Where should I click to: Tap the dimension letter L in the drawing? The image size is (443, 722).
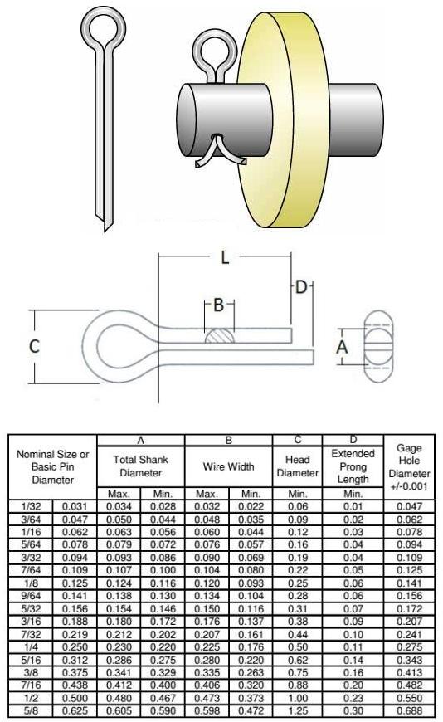point(224,257)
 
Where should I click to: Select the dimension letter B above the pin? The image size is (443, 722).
point(218,305)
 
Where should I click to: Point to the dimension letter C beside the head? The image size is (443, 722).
point(34,347)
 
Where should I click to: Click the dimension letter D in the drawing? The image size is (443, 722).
point(302,287)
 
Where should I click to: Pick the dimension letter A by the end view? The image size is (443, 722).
point(342,349)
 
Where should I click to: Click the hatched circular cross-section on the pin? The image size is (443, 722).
point(219,339)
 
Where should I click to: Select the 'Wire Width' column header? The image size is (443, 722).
point(228,467)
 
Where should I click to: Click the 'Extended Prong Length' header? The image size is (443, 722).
point(353,466)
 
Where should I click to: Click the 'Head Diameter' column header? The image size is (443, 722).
point(298,466)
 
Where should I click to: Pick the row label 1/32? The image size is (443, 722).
point(30,505)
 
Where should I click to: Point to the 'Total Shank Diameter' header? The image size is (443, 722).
point(140,467)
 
